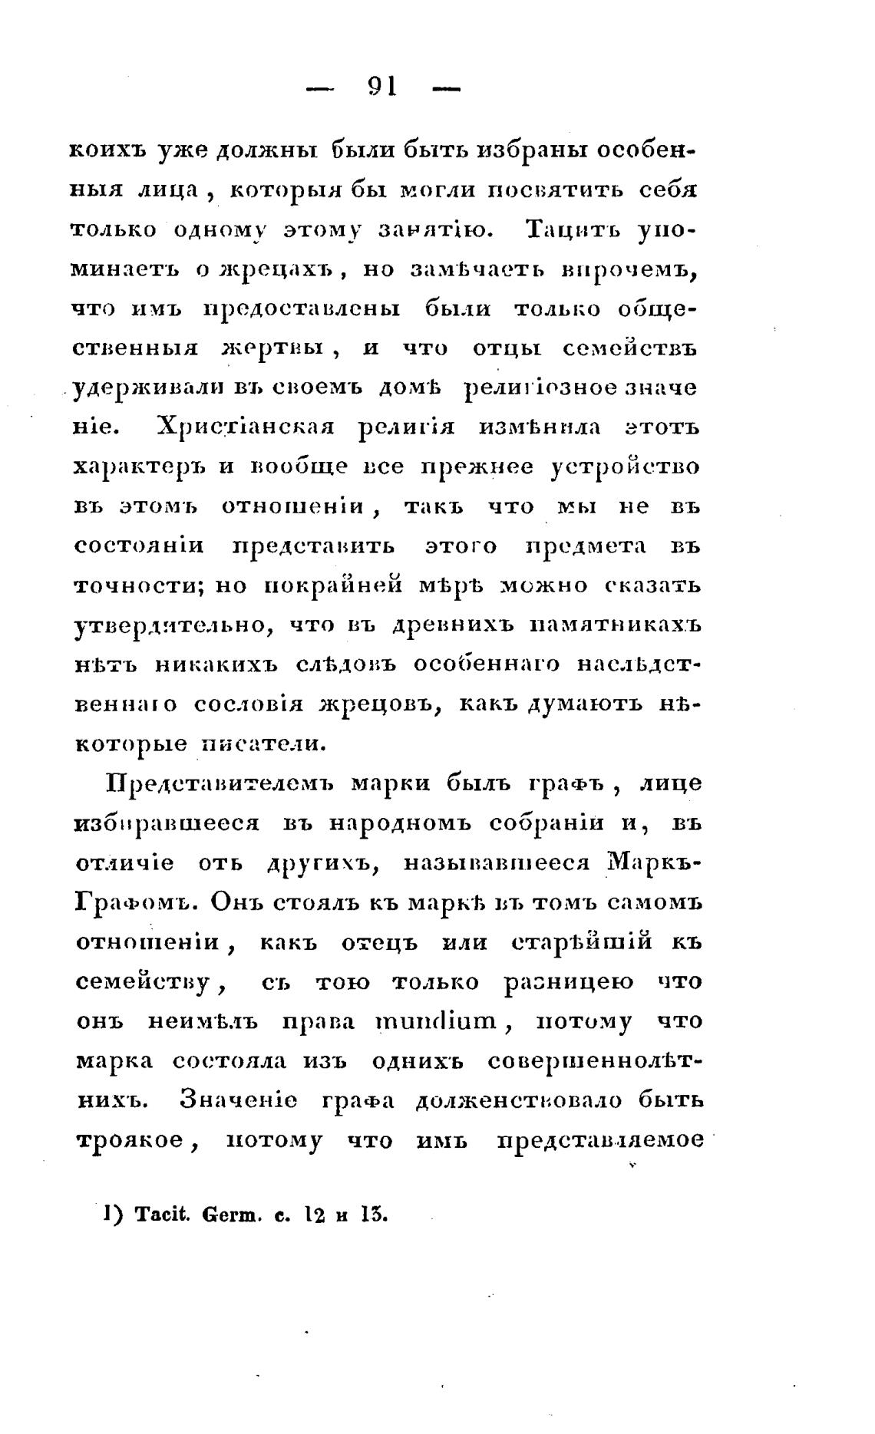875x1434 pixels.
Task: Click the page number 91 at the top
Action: pos(382,87)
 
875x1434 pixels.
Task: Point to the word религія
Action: pos(406,427)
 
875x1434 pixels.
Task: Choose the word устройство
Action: pos(626,466)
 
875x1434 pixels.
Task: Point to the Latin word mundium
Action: pos(437,1022)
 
